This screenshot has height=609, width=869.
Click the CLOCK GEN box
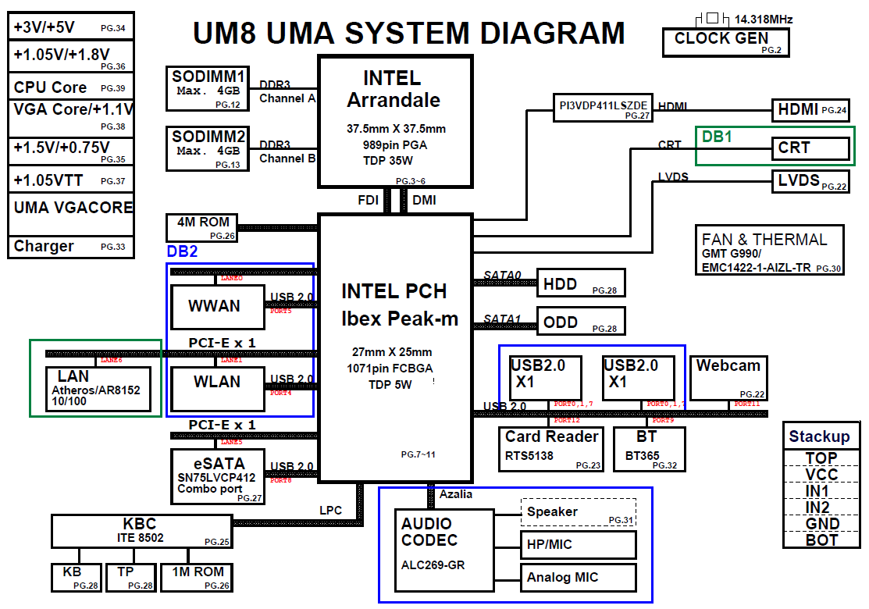(x=726, y=42)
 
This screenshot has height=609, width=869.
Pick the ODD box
(x=581, y=321)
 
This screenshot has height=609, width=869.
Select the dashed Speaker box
(x=578, y=512)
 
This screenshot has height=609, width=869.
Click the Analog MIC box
(x=578, y=578)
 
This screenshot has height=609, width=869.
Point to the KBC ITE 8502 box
(x=142, y=531)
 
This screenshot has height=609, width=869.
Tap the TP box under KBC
(x=130, y=576)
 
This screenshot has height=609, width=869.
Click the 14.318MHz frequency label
(x=764, y=19)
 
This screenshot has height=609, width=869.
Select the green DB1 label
(x=717, y=137)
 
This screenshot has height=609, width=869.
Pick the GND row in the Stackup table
(x=822, y=523)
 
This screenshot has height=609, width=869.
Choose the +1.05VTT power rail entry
(x=70, y=180)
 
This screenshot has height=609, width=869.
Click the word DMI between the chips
(x=424, y=201)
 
